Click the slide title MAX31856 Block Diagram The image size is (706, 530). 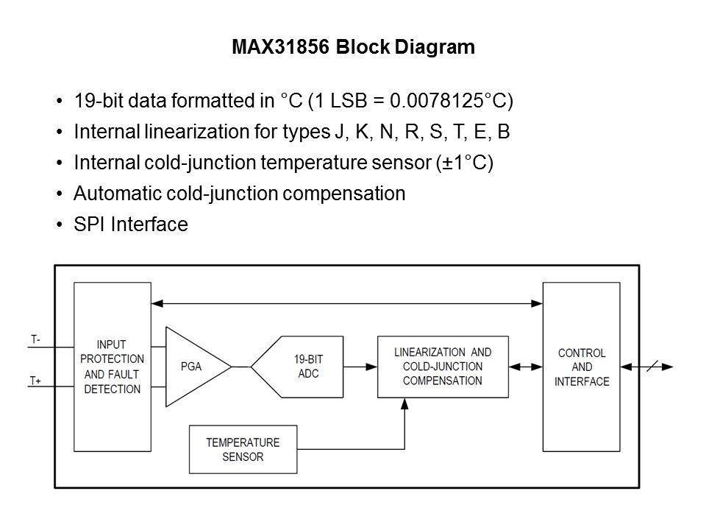coord(353,48)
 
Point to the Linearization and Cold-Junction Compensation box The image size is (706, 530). coord(443,367)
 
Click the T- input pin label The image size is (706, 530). coord(35,339)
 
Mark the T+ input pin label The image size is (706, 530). coord(35,381)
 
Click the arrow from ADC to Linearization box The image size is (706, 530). coord(364,367)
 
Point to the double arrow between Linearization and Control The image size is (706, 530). coord(525,367)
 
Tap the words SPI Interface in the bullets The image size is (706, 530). coord(131,225)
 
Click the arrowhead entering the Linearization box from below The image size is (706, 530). coord(405,404)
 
